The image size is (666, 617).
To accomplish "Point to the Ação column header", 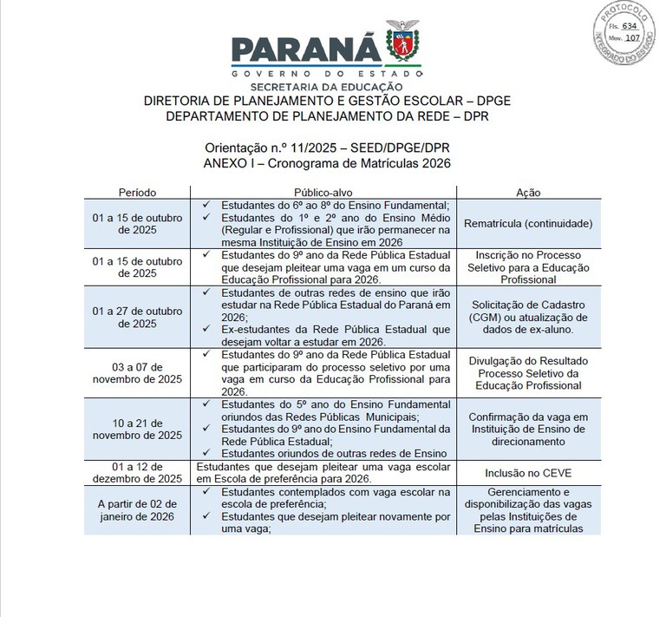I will click(x=528, y=191).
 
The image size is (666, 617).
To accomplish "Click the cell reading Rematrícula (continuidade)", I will click(x=528, y=223).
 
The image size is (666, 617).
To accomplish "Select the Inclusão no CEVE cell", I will click(x=528, y=472).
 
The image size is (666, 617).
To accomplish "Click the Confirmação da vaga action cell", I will click(x=528, y=429).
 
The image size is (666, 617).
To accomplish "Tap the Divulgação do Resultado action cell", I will click(x=528, y=373).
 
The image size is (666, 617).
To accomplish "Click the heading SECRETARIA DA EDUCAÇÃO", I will click(x=326, y=87).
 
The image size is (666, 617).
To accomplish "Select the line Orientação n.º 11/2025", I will click(x=328, y=148).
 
